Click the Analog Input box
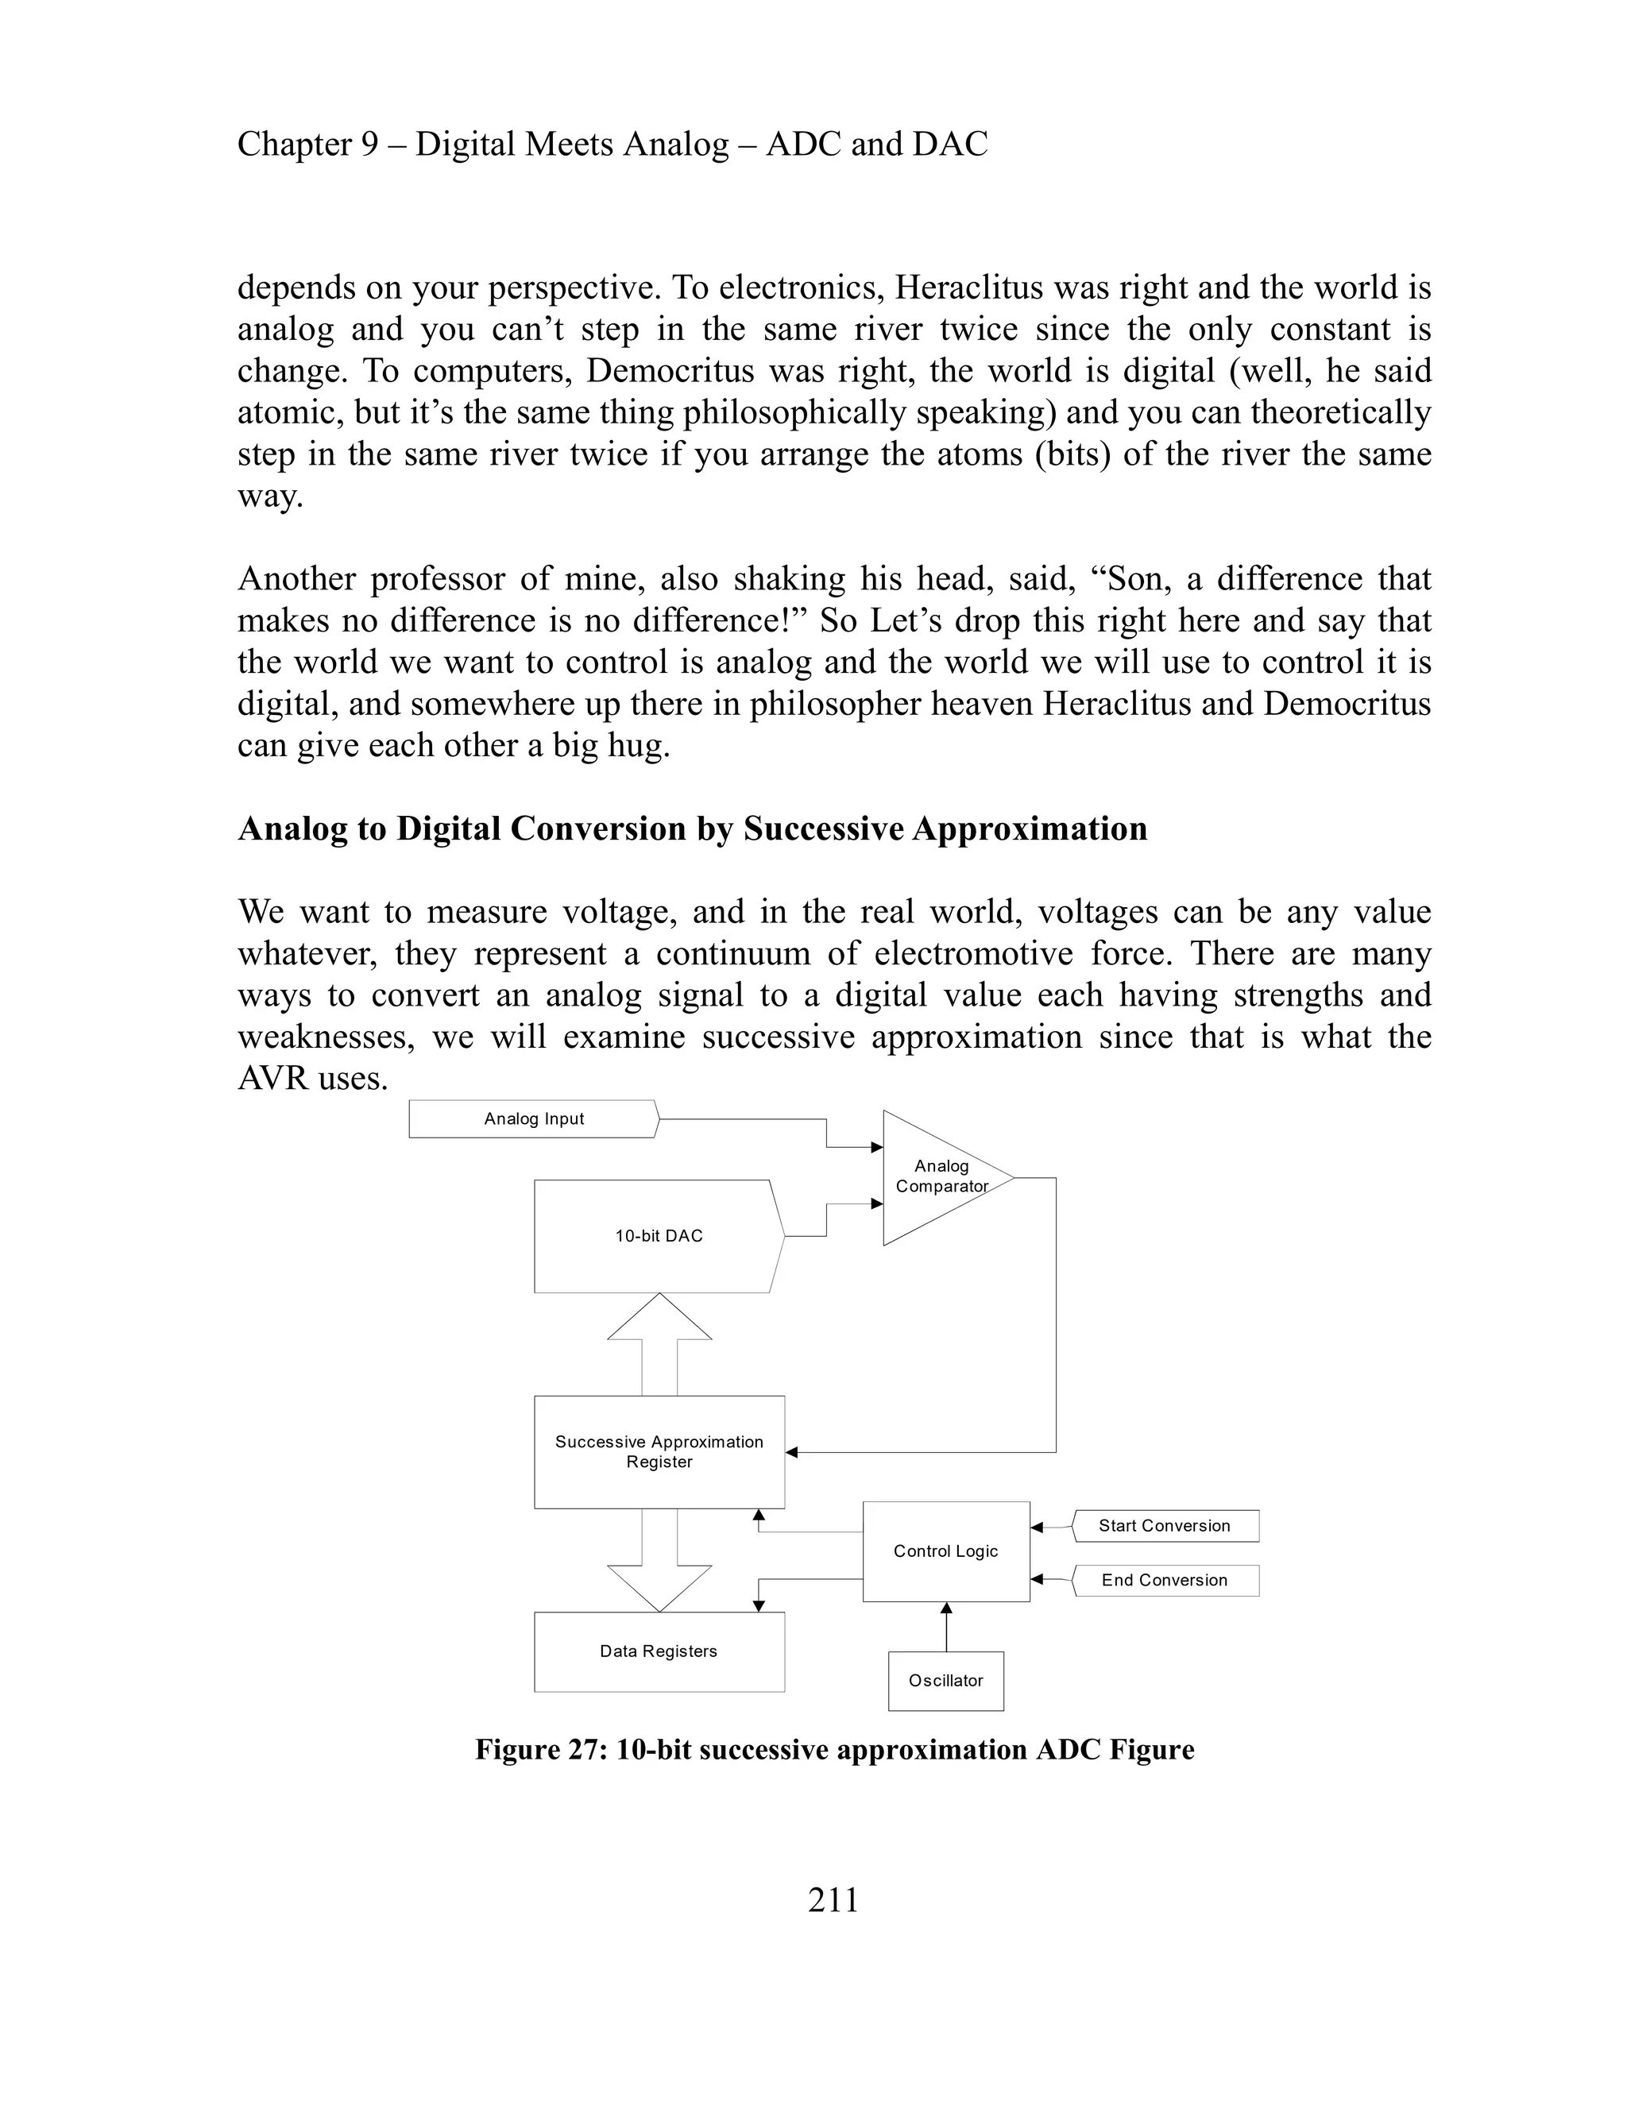click(533, 1119)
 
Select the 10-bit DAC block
click(659, 1236)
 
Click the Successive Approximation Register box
click(659, 1451)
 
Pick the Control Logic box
click(945, 1551)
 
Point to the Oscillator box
click(945, 1681)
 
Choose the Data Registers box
click(659, 1651)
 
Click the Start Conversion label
click(1165, 1526)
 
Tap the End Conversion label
click(1165, 1580)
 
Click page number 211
click(833, 1901)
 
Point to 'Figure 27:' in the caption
click(539, 1750)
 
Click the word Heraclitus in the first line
click(968, 288)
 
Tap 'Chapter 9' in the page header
click(307, 145)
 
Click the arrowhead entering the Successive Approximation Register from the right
click(792, 1451)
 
